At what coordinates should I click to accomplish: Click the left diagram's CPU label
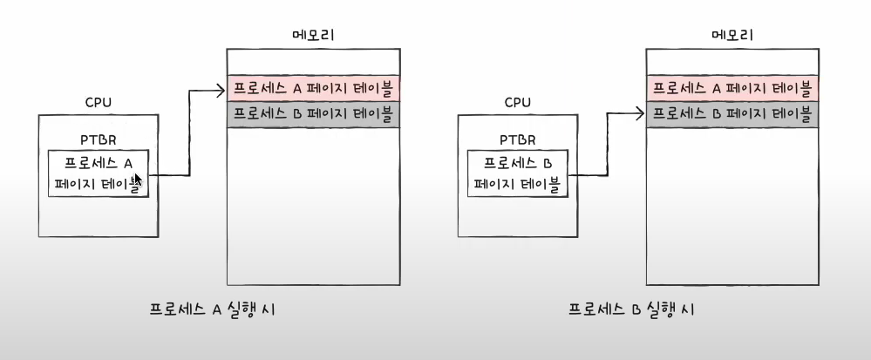(x=98, y=103)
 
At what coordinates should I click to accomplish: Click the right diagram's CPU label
(x=518, y=103)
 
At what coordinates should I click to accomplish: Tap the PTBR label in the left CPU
(x=98, y=139)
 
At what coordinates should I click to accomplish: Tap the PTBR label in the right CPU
(x=518, y=139)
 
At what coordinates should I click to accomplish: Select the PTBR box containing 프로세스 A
(x=99, y=173)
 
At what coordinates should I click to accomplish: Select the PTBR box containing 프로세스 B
(x=519, y=173)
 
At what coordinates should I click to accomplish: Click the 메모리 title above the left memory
(x=313, y=36)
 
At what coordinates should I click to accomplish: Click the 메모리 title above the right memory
(x=732, y=36)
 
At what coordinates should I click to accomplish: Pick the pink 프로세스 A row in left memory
(x=313, y=88)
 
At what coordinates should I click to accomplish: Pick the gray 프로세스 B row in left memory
(x=313, y=114)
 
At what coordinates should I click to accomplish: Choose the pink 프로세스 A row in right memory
(x=732, y=88)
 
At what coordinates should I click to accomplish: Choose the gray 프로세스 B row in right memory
(x=732, y=114)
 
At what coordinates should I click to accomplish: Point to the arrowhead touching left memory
(x=221, y=87)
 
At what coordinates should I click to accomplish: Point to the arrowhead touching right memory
(x=641, y=113)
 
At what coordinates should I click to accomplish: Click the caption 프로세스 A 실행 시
(x=214, y=310)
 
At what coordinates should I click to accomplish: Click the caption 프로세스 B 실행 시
(x=632, y=310)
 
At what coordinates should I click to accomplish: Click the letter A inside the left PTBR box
(x=130, y=162)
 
